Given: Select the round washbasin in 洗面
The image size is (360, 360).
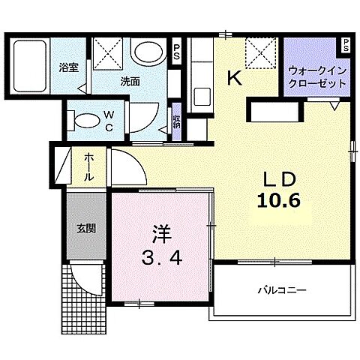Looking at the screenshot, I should pos(148,54).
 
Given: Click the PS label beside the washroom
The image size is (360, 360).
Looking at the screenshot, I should pos(176,52).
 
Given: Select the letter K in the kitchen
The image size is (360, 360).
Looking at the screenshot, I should pos(235,77).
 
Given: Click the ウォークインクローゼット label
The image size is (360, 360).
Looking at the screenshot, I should pos(316,77).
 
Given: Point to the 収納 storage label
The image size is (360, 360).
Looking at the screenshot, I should pos(175,120).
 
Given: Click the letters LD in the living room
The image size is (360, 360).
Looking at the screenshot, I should pos(280,179).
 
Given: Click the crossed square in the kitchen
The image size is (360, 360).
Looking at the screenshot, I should pos(259,52).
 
